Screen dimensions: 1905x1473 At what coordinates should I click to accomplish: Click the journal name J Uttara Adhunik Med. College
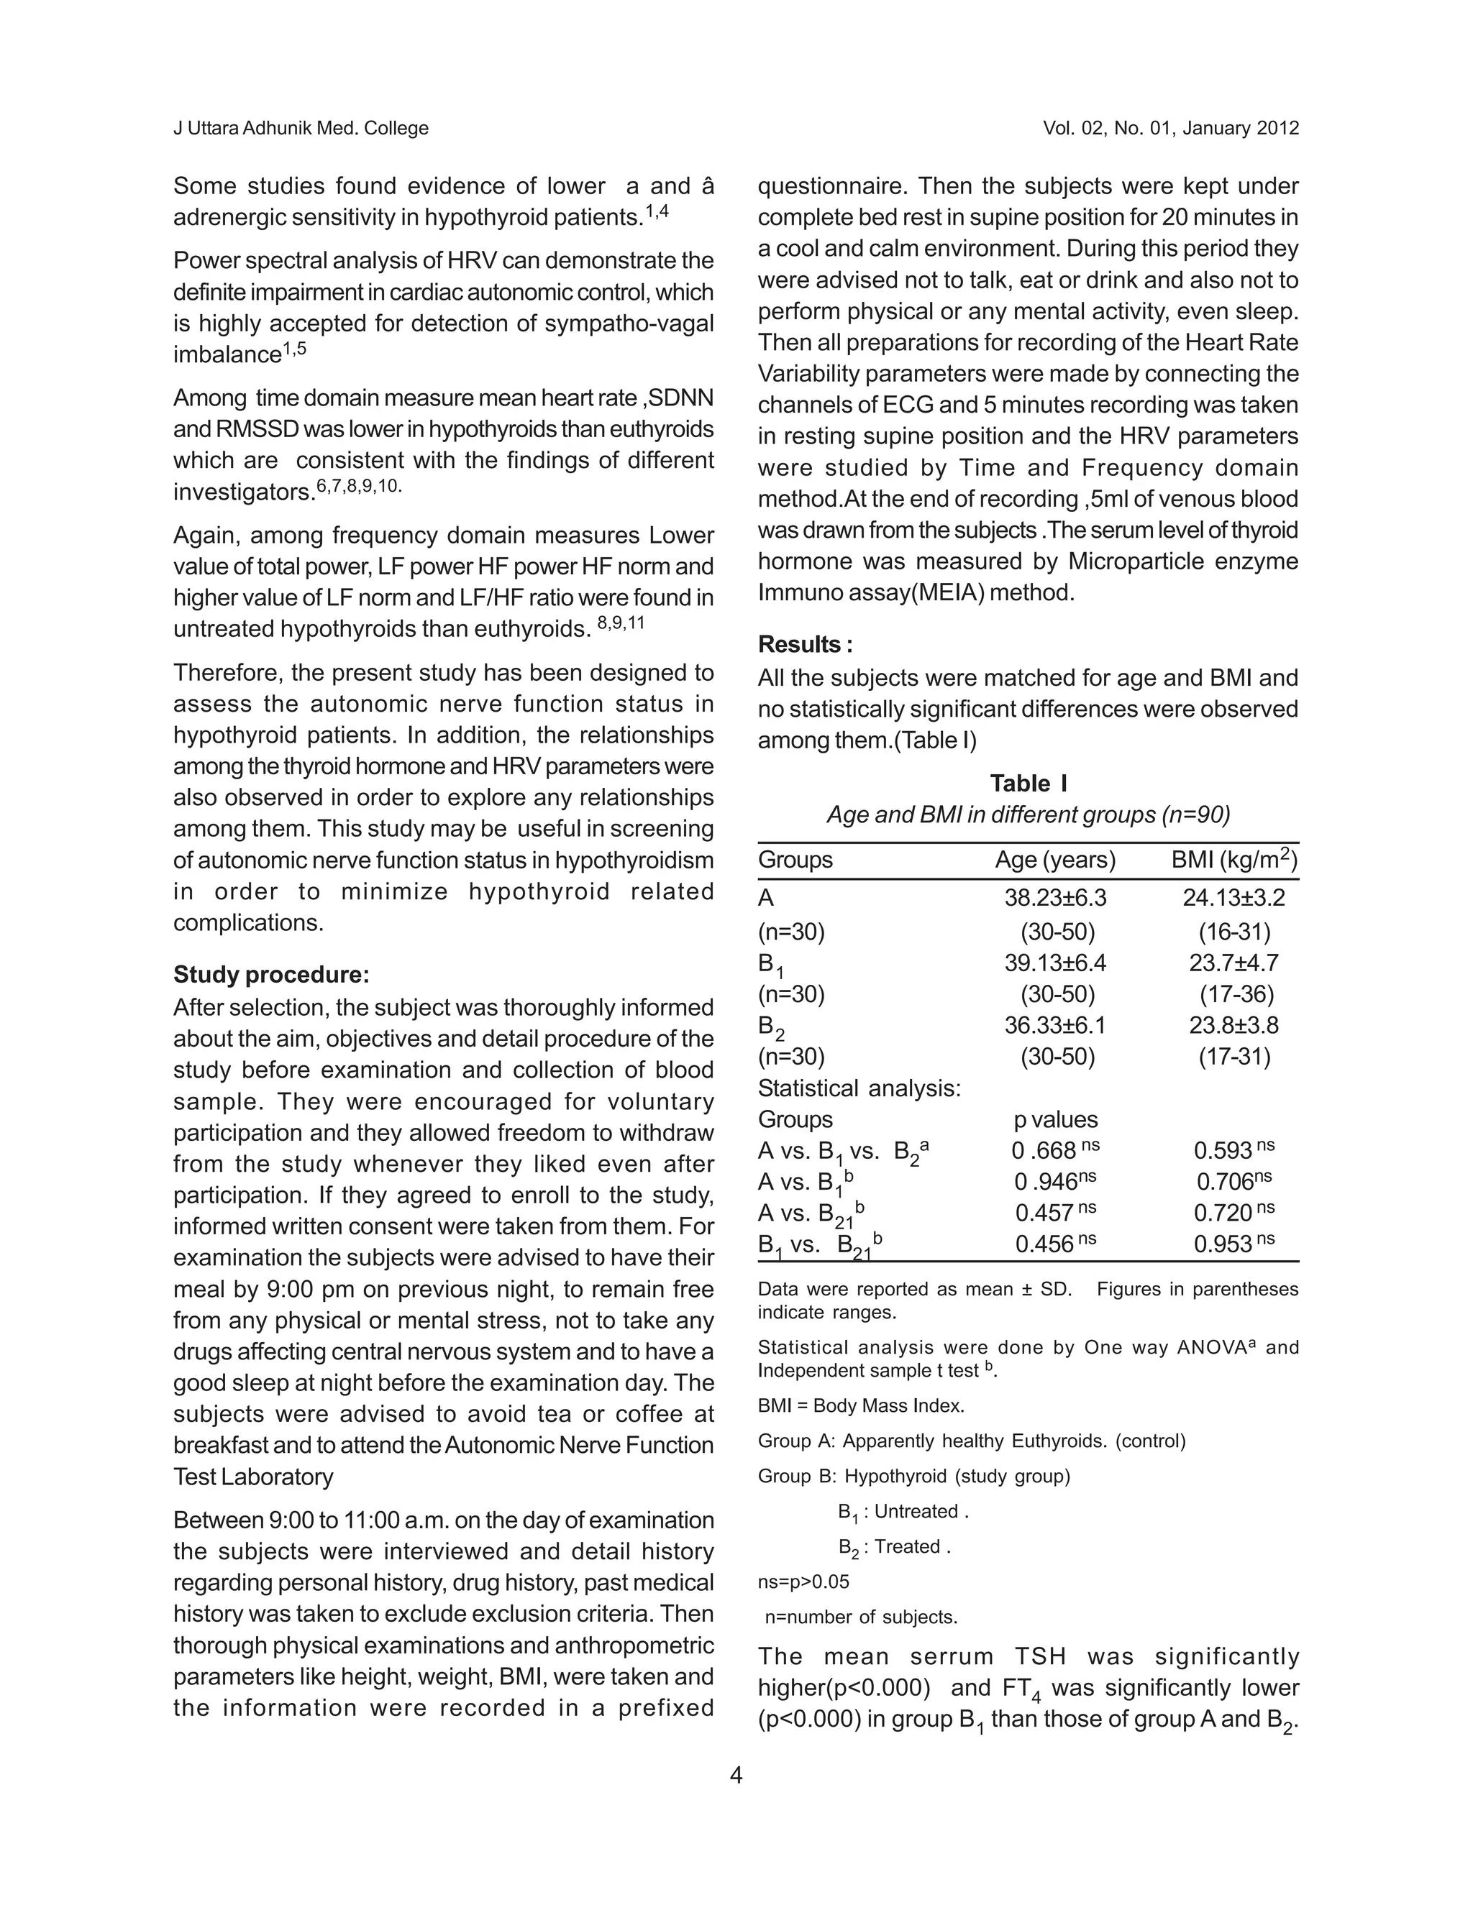(x=301, y=128)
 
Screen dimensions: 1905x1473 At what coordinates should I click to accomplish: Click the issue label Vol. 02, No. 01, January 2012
(x=1170, y=128)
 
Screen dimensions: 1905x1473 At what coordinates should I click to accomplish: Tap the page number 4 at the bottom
(x=736, y=1775)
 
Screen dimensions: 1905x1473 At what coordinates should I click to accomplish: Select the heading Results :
(x=805, y=645)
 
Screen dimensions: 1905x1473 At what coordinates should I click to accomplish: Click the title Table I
(x=1028, y=784)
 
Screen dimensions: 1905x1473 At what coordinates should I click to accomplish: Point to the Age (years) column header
(x=1055, y=860)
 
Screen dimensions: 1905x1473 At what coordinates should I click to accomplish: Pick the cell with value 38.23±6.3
(x=1055, y=898)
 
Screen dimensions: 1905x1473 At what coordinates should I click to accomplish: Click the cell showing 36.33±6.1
(x=1055, y=1025)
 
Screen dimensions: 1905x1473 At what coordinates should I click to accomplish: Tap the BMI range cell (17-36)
(x=1236, y=994)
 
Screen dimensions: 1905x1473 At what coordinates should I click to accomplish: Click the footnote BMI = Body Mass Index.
(x=860, y=1406)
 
